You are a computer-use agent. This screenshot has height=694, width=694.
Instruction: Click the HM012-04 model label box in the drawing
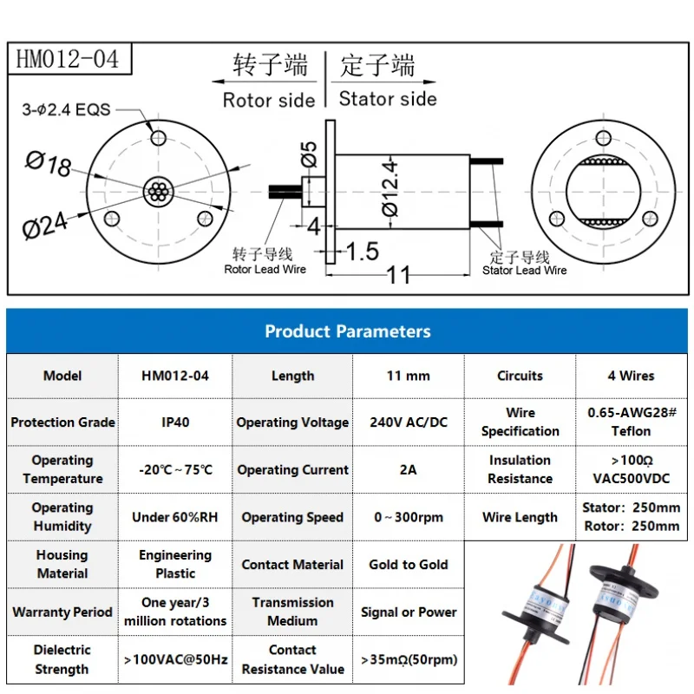68,60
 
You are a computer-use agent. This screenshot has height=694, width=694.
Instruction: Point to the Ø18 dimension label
49,163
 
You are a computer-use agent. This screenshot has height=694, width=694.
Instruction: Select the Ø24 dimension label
45,225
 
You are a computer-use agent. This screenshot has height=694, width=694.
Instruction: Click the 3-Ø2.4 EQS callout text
66,110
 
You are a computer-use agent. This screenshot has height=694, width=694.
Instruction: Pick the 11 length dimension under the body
398,276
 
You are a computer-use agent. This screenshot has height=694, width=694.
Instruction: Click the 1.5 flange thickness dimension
362,252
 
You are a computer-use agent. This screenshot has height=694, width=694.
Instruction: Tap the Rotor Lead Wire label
265,269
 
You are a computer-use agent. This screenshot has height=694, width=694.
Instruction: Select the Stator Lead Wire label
524,270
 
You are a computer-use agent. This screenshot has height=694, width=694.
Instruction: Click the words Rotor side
268,100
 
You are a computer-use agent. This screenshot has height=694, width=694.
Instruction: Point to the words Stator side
388,98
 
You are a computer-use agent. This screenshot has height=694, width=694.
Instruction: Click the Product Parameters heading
347,331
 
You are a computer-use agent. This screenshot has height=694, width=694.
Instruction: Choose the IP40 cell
175,422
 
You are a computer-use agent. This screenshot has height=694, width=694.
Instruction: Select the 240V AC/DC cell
409,422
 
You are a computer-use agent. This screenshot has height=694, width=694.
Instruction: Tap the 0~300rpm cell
409,517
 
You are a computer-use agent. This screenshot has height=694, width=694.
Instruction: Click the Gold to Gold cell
409,564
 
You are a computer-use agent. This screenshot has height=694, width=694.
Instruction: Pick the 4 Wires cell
631,376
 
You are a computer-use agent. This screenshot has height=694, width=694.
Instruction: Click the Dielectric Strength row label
62,659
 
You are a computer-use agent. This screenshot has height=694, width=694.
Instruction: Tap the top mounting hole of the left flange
158,138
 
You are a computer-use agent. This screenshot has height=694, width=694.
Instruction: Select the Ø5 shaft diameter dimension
309,156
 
